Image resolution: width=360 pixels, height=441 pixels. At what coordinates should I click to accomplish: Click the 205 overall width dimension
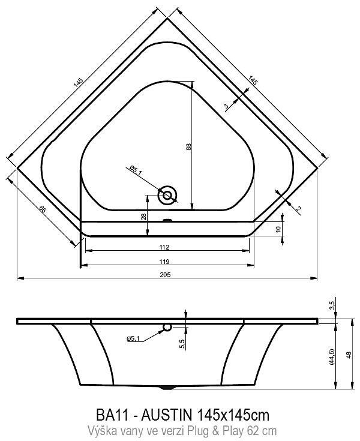pos(165,275)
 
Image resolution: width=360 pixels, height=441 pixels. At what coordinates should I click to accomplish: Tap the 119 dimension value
pos(164,262)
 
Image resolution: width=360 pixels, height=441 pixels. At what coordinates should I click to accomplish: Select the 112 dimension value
pos(164,247)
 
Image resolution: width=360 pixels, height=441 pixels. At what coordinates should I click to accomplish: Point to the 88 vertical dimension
pos(189,146)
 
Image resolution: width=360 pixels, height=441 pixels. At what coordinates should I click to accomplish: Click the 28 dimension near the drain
pos(143,217)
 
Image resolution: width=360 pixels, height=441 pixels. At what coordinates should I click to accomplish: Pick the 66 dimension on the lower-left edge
pos(42,209)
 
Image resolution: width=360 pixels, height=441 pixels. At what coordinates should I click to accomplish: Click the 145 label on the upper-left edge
pos(78,82)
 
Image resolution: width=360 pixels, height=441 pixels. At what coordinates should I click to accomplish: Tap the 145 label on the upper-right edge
pos(253,80)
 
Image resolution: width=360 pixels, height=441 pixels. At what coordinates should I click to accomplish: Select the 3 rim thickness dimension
pos(226,106)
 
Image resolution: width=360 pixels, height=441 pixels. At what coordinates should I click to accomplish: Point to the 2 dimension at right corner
pos(299,208)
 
